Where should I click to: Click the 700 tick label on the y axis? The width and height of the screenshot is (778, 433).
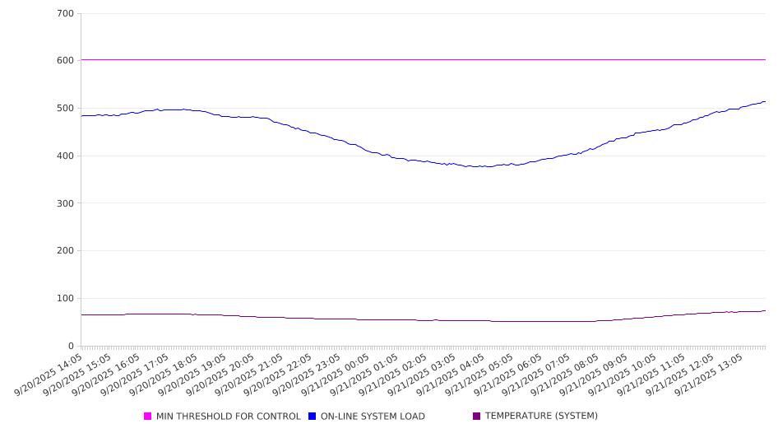pyautogui.click(x=66, y=13)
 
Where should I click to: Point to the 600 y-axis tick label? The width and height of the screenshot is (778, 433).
pyautogui.click(x=66, y=61)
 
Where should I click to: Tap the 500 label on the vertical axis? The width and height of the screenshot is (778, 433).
pyautogui.click(x=66, y=109)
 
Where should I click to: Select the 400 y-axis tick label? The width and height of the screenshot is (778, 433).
pyautogui.click(x=66, y=156)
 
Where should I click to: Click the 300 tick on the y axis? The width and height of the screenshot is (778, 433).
pyautogui.click(x=66, y=203)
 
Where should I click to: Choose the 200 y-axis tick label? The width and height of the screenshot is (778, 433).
pyautogui.click(x=66, y=251)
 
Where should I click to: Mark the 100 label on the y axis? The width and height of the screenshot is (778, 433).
pyautogui.click(x=66, y=298)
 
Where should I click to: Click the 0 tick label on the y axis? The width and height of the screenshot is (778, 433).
pyautogui.click(x=72, y=346)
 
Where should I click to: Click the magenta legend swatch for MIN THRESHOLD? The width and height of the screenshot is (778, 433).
pyautogui.click(x=148, y=417)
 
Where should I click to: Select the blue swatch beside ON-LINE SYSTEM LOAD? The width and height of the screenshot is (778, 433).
pyautogui.click(x=313, y=417)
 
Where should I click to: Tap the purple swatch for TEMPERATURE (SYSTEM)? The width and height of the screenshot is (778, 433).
pyautogui.click(x=477, y=417)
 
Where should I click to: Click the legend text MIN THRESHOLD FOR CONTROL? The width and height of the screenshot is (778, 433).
pyautogui.click(x=229, y=417)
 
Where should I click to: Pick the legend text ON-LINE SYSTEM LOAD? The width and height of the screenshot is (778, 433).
pyautogui.click(x=373, y=417)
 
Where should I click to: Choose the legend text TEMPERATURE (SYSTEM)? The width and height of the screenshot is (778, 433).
pyautogui.click(x=541, y=417)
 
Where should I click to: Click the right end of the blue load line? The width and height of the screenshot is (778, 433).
pyautogui.click(x=765, y=102)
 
